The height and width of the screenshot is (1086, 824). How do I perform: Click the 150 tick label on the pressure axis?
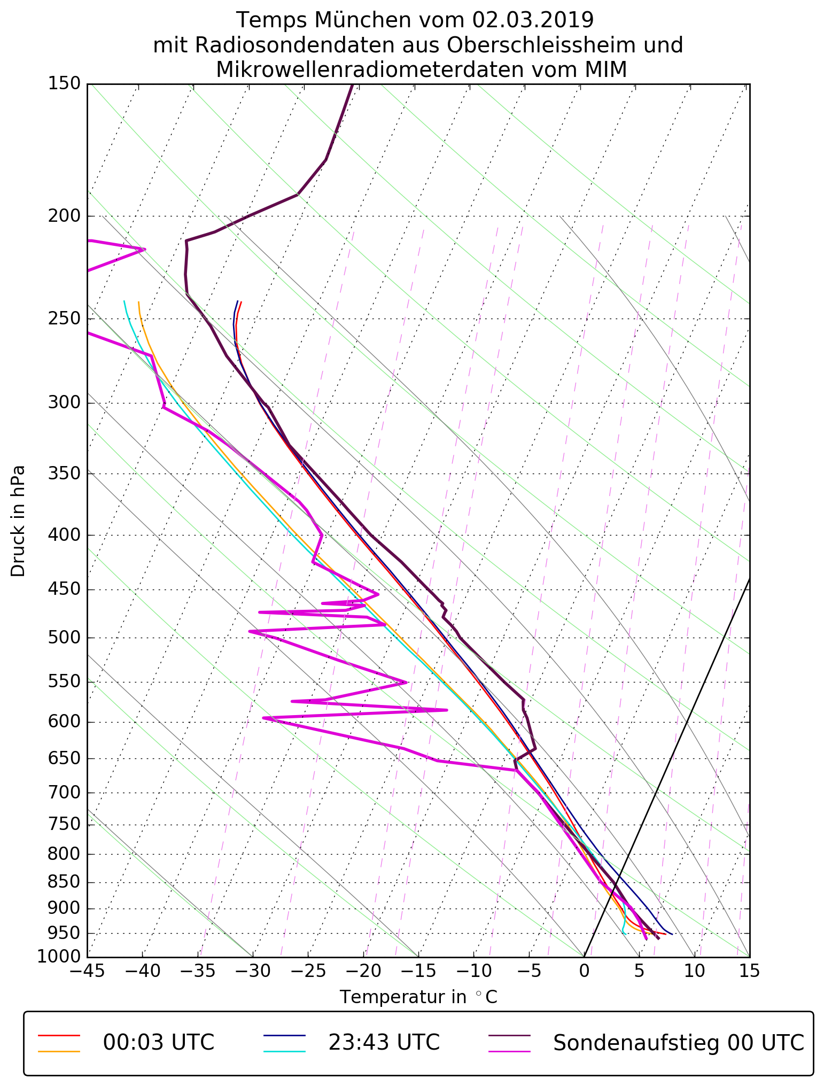click(64, 84)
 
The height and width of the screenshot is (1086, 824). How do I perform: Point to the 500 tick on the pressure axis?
click(64, 638)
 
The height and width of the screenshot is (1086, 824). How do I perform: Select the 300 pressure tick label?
click(64, 403)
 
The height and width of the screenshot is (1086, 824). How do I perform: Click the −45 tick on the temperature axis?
click(87, 971)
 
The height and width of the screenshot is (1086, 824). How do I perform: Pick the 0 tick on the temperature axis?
click(584, 971)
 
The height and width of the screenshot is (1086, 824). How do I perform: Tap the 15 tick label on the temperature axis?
click(749, 971)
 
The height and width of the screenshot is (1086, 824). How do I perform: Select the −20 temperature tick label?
click(363, 971)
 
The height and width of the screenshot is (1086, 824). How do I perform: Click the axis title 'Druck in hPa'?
click(18, 521)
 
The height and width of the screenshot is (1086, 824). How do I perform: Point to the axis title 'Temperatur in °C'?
click(418, 997)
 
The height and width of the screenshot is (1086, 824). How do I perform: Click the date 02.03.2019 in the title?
click(533, 20)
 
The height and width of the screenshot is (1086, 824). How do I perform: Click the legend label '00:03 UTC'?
click(159, 1043)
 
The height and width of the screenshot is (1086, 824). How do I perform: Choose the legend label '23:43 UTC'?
click(384, 1043)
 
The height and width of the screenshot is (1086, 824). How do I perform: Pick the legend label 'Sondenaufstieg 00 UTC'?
click(678, 1043)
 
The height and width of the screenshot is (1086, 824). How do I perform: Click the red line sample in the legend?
click(59, 1035)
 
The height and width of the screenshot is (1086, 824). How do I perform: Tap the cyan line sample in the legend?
click(284, 1051)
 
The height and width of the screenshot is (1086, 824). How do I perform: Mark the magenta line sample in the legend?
click(510, 1051)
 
